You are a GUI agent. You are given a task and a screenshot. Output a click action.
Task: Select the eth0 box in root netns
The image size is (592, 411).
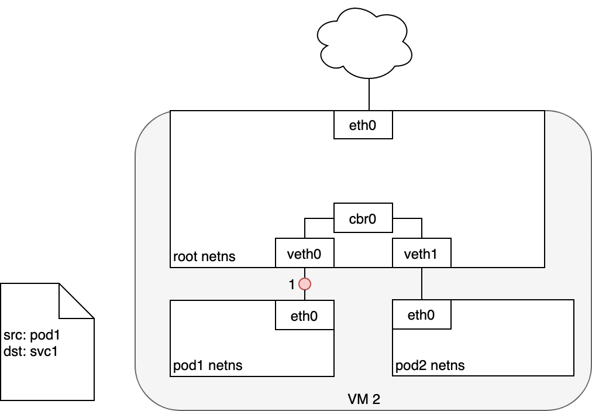tap(363, 125)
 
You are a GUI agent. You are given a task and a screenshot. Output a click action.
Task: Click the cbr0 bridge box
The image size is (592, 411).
tap(363, 220)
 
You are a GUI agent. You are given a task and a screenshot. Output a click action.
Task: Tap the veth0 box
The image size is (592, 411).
tap(304, 253)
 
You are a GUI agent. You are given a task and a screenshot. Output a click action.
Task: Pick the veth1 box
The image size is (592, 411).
tap(421, 253)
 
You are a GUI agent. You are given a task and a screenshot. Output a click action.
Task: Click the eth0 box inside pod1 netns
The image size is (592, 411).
tap(304, 316)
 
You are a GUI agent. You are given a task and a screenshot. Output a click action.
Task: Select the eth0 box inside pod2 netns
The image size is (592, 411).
tap(421, 316)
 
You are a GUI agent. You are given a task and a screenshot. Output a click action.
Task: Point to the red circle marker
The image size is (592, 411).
tap(304, 285)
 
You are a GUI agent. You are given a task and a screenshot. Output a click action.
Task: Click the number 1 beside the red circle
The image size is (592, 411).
tap(292, 285)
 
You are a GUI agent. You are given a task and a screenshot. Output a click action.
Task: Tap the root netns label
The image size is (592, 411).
tap(204, 257)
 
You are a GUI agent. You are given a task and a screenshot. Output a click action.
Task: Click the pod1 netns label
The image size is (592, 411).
tap(208, 366)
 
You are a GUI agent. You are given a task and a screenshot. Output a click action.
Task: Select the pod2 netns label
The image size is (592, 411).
tap(430, 366)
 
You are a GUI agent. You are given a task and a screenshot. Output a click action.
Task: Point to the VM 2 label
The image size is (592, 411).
tap(363, 400)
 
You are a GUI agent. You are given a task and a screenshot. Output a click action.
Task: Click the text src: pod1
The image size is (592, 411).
tap(32, 336)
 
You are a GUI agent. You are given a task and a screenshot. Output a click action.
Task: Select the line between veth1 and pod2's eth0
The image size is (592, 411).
tap(422, 284)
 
